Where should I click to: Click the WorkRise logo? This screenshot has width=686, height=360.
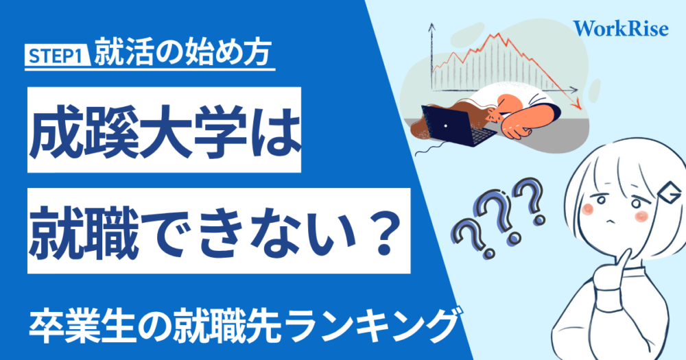coord(622,28)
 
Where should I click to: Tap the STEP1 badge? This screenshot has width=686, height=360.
coord(57,57)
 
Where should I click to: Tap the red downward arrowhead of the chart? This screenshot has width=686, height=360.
coord(577,104)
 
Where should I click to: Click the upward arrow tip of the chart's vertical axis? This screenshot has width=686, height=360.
coord(431,25)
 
